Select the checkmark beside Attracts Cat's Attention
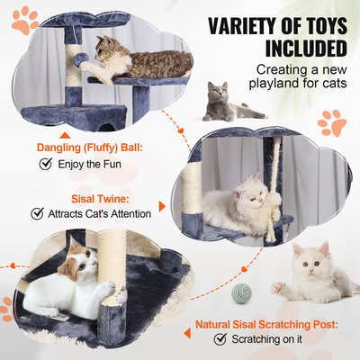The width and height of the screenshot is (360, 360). click(38, 213)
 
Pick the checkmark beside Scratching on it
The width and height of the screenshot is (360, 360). click(220, 339)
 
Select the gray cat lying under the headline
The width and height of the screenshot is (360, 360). click(227, 102)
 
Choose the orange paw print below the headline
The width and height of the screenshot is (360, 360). click(335, 122)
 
